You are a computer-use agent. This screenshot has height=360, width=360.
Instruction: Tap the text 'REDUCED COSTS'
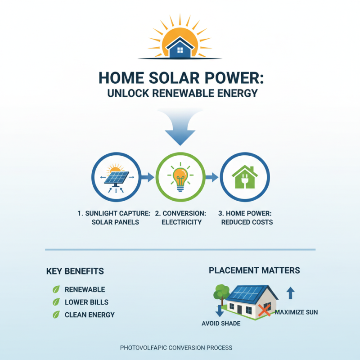247,222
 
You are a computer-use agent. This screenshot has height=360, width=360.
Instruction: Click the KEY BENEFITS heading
75,271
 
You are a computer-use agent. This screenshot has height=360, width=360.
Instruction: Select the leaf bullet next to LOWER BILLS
56,302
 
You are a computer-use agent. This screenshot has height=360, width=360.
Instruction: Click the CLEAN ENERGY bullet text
90,315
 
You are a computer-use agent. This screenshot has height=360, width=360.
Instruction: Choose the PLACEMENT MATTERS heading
254,270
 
